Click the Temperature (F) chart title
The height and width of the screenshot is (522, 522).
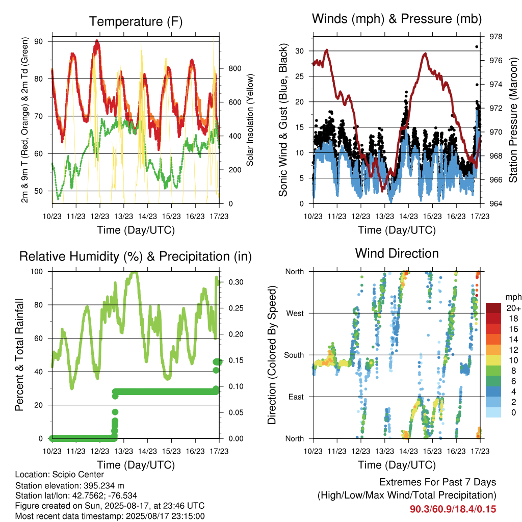pyautogui.click(x=136, y=21)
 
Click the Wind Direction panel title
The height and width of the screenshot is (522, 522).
pyautogui.click(x=397, y=253)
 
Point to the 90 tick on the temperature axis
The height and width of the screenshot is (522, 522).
pyautogui.click(x=39, y=41)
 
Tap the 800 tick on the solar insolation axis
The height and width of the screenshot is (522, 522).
pyautogui.click(x=234, y=69)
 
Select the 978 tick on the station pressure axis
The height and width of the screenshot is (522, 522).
pyautogui.click(x=495, y=37)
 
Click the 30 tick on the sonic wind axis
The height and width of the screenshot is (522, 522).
pyautogui.click(x=300, y=51)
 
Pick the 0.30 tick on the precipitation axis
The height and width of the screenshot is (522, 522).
pyautogui.click(x=236, y=282)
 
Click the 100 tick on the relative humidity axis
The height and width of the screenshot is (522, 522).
pyautogui.click(x=37, y=272)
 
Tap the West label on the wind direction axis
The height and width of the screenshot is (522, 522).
pyautogui.click(x=295, y=314)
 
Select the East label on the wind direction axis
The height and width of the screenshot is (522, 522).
pyautogui.click(x=296, y=397)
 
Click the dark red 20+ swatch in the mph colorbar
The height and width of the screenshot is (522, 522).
pyautogui.click(x=493, y=308)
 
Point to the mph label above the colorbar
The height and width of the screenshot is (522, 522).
pyautogui.click(x=513, y=297)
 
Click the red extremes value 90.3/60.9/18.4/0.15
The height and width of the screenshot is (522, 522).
pyautogui.click(x=453, y=509)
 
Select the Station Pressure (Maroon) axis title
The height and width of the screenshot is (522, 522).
pyautogui.click(x=513, y=120)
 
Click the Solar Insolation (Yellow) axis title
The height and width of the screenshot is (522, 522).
pyautogui.click(x=250, y=120)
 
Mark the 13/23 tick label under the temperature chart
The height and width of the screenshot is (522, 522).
pyautogui.click(x=123, y=216)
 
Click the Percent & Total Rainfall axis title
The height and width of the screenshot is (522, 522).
pyautogui.click(x=19, y=355)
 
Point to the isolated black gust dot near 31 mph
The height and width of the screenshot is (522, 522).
pyautogui.click(x=477, y=47)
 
